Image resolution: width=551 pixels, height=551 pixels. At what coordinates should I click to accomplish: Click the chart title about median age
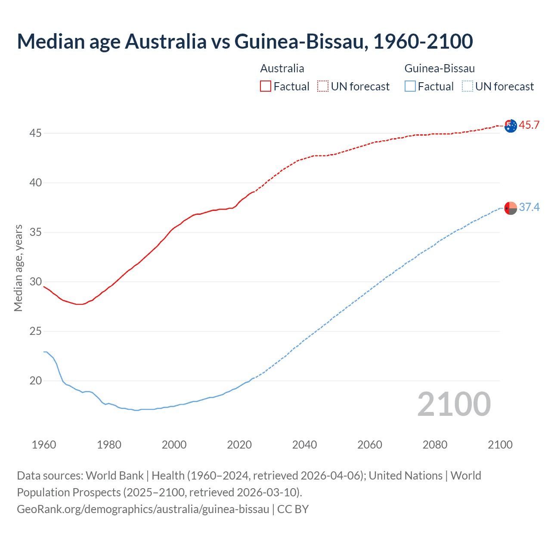[245, 41]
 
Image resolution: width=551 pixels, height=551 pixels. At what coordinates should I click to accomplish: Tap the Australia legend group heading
[282, 68]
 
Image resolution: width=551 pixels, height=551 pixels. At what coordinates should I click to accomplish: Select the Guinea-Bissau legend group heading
[440, 68]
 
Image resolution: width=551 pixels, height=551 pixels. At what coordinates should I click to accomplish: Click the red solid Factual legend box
[266, 87]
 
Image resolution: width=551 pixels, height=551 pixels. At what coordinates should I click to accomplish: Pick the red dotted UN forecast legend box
[323, 87]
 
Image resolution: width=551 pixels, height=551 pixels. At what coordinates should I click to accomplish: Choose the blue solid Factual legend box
[410, 87]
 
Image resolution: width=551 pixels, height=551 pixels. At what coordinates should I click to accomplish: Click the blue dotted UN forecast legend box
[467, 87]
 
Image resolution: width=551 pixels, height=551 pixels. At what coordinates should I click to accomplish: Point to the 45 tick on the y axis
[35, 133]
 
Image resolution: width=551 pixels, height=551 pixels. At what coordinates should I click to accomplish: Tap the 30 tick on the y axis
[35, 282]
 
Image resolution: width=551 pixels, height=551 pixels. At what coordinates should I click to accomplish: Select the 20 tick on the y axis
[35, 381]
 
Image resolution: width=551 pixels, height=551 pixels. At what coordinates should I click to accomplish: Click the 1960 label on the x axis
[44, 445]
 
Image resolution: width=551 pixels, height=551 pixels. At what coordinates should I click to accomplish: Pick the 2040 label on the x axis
[304, 445]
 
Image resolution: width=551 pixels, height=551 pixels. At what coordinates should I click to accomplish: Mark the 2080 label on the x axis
[435, 445]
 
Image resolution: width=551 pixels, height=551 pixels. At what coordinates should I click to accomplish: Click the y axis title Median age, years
[18, 268]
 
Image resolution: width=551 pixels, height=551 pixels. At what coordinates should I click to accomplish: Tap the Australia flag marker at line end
[511, 126]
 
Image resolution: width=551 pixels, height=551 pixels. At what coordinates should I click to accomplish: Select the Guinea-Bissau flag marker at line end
[511, 208]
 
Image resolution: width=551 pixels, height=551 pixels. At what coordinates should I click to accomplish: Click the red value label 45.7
[529, 125]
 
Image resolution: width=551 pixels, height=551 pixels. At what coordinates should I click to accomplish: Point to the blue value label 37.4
[529, 207]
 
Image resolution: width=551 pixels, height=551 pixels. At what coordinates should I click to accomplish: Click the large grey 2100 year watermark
[454, 404]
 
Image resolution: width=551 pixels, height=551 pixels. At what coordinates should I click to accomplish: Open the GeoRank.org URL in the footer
[143, 509]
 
